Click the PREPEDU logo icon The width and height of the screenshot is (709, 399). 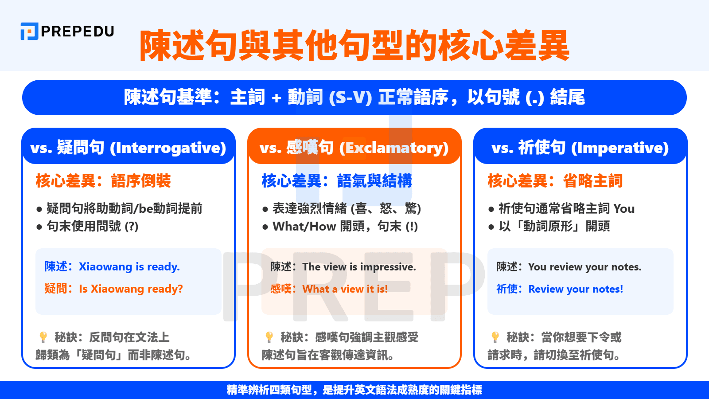29,31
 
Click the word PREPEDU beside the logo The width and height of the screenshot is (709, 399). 78,31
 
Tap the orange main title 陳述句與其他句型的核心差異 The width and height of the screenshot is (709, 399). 354,45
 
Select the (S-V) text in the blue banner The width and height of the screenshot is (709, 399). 350,98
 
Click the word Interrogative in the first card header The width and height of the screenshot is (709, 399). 168,148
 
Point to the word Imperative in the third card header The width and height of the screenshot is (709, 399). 620,148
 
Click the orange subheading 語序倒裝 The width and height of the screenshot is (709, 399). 140,181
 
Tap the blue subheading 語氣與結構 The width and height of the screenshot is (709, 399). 374,181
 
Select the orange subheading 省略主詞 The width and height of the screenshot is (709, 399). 592,181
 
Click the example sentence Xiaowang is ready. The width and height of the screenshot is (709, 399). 129,266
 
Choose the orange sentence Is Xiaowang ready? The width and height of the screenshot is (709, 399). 131,289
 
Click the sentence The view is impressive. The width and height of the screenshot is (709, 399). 359,267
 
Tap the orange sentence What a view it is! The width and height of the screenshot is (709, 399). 345,289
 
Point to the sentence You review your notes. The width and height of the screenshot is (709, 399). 584,267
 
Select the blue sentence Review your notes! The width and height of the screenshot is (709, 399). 576,289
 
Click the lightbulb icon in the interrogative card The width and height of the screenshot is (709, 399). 43,337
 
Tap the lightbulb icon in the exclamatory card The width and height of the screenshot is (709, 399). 269,337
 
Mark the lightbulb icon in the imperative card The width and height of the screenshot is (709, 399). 495,337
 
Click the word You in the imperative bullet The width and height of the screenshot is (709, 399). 624,208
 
